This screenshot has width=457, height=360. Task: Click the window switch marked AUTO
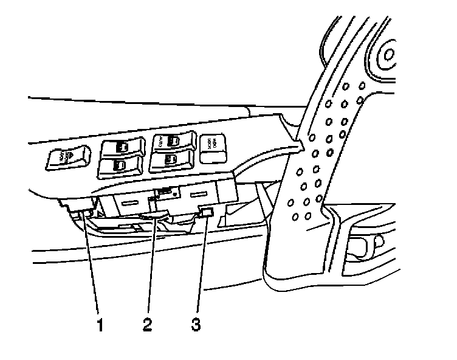coord(173,142)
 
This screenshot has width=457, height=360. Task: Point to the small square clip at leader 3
coord(205,212)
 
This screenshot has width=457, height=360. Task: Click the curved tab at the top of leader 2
coord(156,213)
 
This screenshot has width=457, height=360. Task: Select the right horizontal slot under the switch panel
coord(199,195)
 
